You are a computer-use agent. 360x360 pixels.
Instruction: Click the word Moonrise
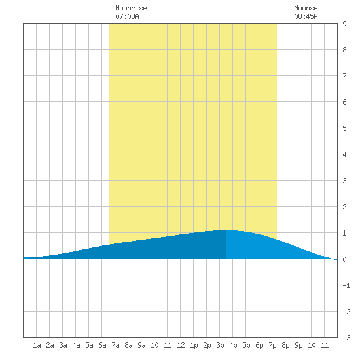(x=131, y=8)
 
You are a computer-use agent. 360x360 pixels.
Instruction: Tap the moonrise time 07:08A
(x=127, y=16)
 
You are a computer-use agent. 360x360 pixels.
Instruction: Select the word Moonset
(x=308, y=8)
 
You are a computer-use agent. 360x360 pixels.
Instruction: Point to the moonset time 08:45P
(x=306, y=16)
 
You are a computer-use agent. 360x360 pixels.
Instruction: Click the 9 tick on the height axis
(x=344, y=24)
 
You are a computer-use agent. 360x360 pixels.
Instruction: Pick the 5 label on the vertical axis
(x=344, y=128)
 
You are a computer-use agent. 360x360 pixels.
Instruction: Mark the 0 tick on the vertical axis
(x=344, y=259)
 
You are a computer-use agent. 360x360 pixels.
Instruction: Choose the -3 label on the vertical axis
(x=346, y=338)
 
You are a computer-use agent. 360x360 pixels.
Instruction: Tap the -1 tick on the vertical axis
(x=346, y=285)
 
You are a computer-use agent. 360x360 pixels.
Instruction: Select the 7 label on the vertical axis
(x=344, y=76)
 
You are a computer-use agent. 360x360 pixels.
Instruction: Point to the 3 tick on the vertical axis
(x=344, y=181)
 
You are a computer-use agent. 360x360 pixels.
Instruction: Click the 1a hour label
(x=37, y=345)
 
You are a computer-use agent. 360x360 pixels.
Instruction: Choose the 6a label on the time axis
(x=102, y=345)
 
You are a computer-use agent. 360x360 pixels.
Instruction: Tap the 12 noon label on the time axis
(x=181, y=345)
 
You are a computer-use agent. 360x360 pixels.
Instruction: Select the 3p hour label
(x=220, y=345)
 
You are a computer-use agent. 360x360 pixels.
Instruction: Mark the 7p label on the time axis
(x=272, y=345)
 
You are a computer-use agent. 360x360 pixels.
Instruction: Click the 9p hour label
(x=298, y=345)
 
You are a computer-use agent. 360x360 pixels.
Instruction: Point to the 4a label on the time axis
(x=76, y=345)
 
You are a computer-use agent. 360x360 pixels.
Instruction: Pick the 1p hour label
(x=194, y=345)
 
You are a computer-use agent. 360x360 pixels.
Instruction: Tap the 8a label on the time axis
(x=128, y=345)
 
